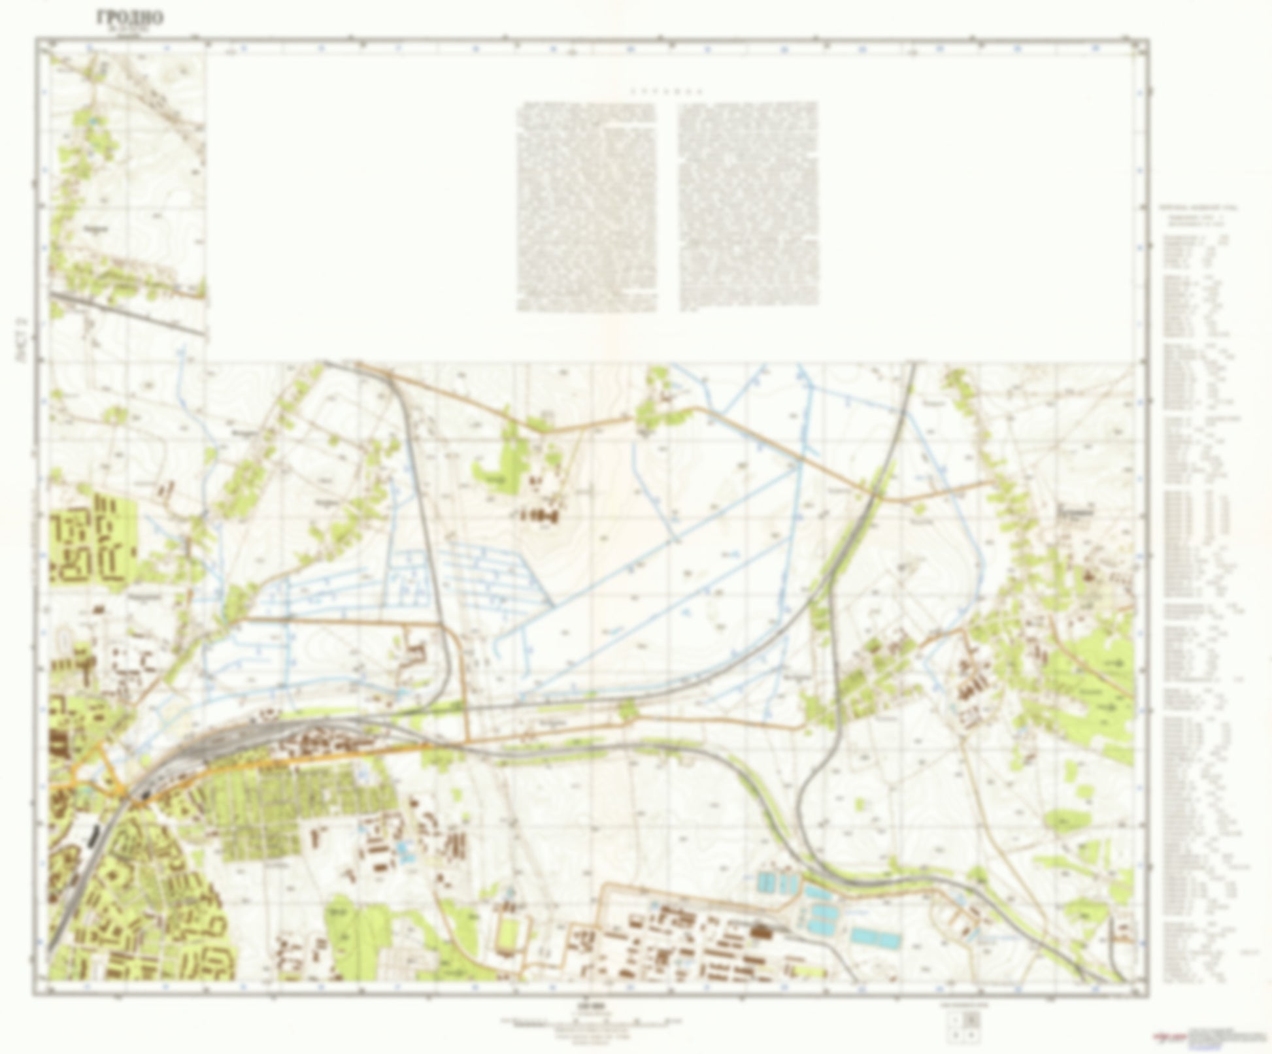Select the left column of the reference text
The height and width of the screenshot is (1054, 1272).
(x=586, y=206)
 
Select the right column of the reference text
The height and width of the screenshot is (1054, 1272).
(x=748, y=206)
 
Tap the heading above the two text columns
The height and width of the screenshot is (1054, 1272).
(x=667, y=91)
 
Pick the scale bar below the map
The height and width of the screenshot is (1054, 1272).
(x=592, y=1021)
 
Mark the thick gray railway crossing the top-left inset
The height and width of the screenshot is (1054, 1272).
(x=127, y=314)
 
